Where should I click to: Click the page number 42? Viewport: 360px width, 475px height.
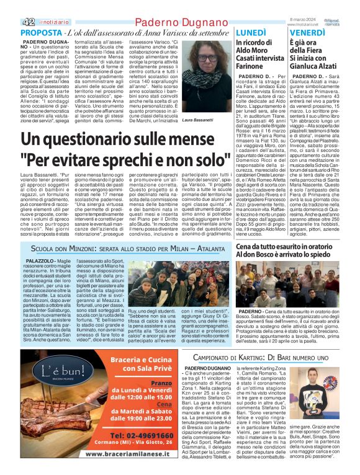(11, 21)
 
